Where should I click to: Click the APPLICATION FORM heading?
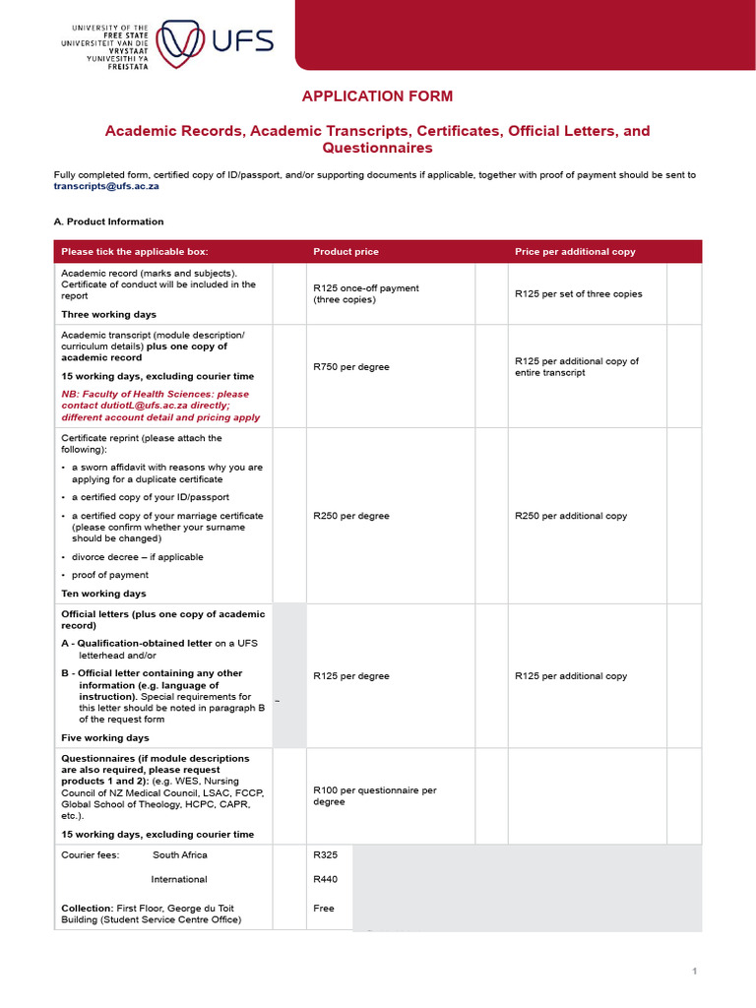[377, 96]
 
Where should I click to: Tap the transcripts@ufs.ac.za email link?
[106, 185]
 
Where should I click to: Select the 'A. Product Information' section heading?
[108, 221]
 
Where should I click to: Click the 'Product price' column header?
[346, 252]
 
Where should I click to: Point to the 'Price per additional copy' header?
[575, 252]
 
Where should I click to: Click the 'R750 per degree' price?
[350, 367]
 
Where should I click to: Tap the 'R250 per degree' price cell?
[350, 516]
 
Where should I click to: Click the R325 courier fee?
[325, 855]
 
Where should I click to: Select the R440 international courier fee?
[325, 879]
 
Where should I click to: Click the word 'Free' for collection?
[323, 909]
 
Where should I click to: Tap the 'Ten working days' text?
[103, 594]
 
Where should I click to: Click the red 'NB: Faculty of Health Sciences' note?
[160, 406]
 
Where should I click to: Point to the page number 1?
[694, 972]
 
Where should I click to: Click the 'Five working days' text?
[104, 737]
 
